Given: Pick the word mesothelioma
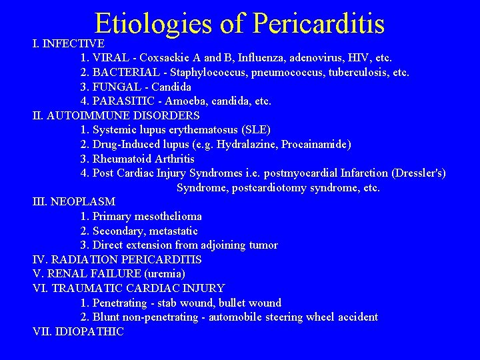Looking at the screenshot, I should click(169, 216).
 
